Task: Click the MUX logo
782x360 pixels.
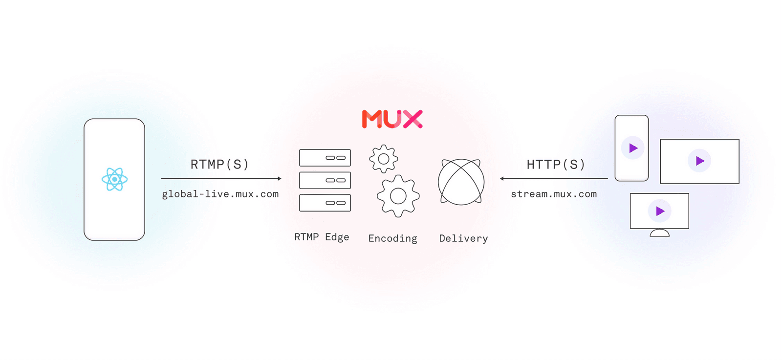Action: (392, 119)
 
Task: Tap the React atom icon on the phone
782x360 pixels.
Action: (114, 179)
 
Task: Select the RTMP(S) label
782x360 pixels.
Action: (219, 165)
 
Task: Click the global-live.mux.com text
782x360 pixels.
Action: (220, 194)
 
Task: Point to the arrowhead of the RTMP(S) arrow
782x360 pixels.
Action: (280, 179)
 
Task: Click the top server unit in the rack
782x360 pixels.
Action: (325, 158)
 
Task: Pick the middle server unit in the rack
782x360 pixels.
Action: (325, 180)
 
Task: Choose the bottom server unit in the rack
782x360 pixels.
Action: (325, 203)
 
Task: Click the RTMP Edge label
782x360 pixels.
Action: (322, 237)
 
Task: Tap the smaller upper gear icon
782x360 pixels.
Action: (384, 159)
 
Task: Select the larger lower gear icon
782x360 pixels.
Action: (398, 196)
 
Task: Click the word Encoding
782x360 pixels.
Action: (392, 238)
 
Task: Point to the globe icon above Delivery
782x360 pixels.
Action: (461, 182)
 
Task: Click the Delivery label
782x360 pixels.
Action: (463, 238)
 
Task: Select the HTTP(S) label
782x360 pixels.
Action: (556, 165)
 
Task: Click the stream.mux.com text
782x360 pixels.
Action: (554, 194)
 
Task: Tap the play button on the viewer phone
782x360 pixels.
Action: (632, 148)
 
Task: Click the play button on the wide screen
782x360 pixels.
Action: (699, 161)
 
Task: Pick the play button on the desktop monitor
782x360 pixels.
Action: (660, 211)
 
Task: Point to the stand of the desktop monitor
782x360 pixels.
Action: (659, 233)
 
